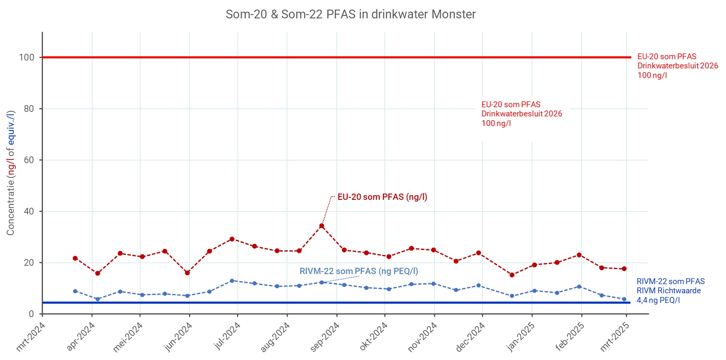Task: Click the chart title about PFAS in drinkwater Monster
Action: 350,14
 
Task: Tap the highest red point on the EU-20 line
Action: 322,226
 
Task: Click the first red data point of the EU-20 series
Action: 75,258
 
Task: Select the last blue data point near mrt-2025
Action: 624,299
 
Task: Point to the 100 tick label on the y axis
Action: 27,58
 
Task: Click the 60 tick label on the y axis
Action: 29,160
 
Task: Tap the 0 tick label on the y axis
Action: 31,314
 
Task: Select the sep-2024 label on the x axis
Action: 325,337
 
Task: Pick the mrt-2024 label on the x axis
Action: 30,337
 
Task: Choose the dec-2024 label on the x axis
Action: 471,337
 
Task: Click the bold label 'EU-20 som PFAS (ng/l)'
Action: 382,197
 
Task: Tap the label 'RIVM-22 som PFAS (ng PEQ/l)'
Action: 359,271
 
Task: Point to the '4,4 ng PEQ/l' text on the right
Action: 658,300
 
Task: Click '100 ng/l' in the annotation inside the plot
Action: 496,123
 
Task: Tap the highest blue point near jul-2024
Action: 232,281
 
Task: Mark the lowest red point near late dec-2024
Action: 512,275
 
